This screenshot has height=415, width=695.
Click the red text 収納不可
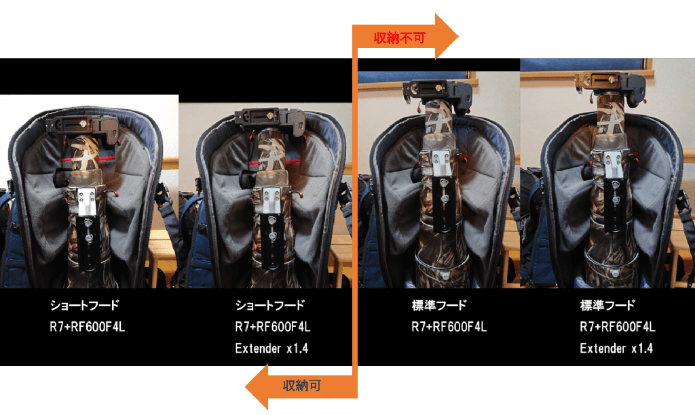coord(399,38)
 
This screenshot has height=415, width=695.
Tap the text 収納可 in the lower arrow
coord(302,386)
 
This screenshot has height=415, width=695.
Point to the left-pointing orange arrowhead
coord(257,387)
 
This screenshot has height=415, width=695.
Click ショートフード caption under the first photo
coord(85,305)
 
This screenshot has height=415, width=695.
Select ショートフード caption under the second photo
coord(270,305)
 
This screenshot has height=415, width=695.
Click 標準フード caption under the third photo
coord(439,305)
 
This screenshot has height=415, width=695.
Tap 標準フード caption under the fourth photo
coord(607,305)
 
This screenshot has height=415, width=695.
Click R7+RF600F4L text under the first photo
coord(88,327)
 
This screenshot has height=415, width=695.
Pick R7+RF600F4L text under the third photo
coord(449,327)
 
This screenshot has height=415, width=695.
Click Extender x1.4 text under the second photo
coord(271,349)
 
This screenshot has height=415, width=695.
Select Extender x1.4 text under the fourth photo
coord(616,349)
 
